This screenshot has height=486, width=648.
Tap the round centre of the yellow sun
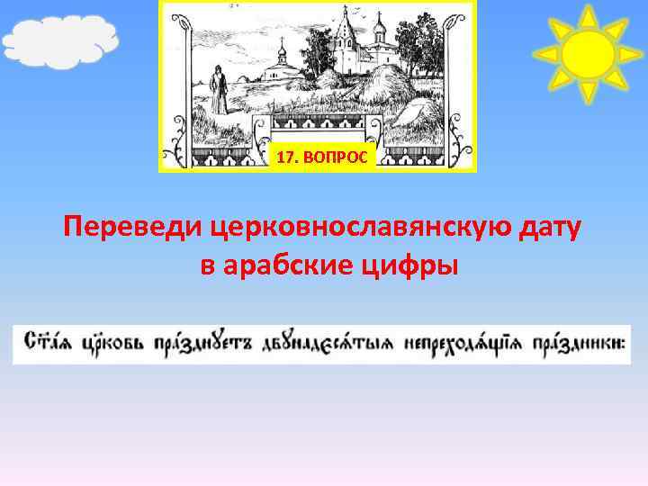pyautogui.click(x=588, y=53)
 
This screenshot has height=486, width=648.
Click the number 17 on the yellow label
pyautogui.click(x=286, y=157)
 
